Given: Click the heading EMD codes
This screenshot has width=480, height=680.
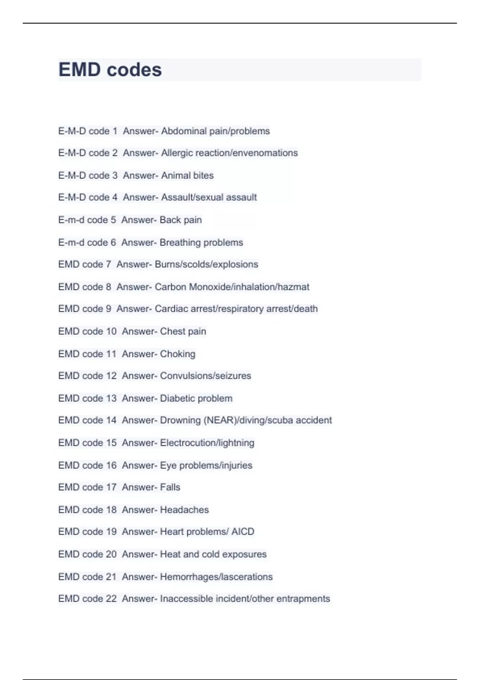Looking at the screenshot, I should (110, 70).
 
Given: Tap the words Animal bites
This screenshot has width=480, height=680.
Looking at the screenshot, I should (187, 176).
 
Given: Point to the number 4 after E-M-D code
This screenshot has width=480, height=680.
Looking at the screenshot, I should (115, 198).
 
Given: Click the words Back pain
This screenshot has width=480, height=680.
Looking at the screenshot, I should (181, 220).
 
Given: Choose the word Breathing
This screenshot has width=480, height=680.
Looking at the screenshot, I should (179, 242).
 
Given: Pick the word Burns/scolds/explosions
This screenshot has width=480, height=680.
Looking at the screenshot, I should (206, 264).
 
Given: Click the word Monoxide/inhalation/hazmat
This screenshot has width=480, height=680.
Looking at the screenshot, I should (249, 287).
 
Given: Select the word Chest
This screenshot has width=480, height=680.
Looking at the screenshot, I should (172, 331).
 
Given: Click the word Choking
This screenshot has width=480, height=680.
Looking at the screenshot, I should (178, 354).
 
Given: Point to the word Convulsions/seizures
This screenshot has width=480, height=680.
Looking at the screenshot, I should (206, 376).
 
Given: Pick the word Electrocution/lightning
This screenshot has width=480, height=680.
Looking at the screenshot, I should (207, 443).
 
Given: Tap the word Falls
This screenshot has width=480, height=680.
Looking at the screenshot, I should (170, 487).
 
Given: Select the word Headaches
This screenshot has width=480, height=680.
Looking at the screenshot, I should (184, 510).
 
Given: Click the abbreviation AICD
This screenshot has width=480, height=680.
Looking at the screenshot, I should (243, 532).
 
